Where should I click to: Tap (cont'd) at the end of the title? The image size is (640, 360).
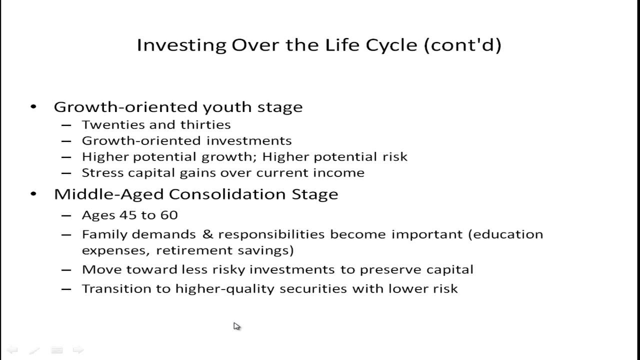click(x=462, y=45)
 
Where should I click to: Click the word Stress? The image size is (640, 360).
click(x=99, y=173)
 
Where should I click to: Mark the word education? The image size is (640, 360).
click(x=505, y=234)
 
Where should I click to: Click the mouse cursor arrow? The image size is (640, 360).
click(x=236, y=326)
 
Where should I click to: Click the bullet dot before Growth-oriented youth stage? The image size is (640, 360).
click(x=33, y=107)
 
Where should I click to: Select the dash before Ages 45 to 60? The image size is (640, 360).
click(x=66, y=215)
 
